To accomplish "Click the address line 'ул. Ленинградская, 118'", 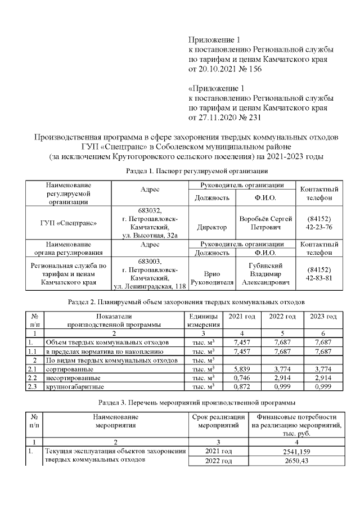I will pos(150,287).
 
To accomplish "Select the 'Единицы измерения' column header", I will pos(203,321).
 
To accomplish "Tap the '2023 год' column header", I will pos(323,317).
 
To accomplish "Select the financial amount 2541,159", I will pos(297,452).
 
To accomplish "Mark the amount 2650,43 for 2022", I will pos(297,461).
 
